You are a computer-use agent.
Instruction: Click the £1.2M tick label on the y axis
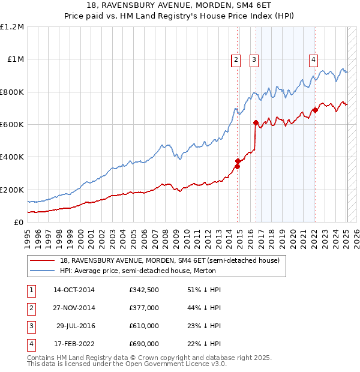(x=12, y=27)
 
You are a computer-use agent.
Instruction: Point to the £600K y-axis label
(x=12, y=125)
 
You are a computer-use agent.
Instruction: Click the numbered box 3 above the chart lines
(x=254, y=59)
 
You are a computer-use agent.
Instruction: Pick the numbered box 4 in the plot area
(x=313, y=59)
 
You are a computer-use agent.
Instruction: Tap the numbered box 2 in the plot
(x=236, y=59)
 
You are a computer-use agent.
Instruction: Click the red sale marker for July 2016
(x=256, y=123)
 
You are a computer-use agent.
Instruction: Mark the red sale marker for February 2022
(x=315, y=110)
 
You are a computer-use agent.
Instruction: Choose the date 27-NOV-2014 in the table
(x=74, y=308)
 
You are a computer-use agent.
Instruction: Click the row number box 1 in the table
(x=31, y=290)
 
